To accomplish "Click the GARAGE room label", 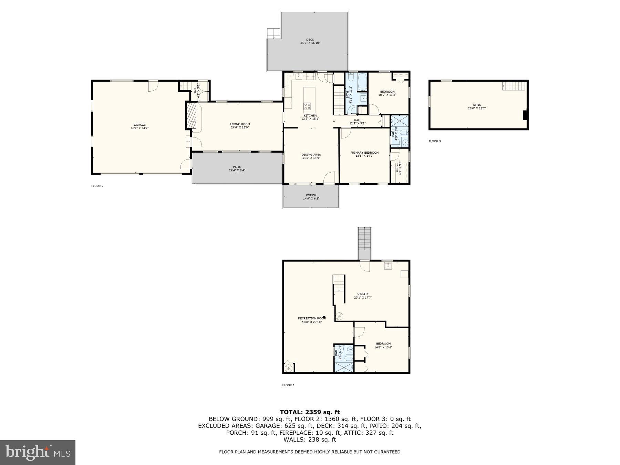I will coord(139,125).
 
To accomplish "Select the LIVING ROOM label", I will coord(240,124).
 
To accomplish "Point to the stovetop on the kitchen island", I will coord(307,106).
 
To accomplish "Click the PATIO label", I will coord(237,167).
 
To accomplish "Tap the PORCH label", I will coord(311,195).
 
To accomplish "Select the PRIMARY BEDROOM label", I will coord(364,153).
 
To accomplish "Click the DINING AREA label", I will coord(311,155).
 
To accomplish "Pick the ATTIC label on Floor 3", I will coord(477,105).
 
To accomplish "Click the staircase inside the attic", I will coord(514,85).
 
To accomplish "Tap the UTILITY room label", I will coord(363,294).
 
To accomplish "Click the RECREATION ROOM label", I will coord(311,318).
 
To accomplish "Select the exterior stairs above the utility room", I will coord(364,243).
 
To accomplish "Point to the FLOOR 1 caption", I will coord(288,385).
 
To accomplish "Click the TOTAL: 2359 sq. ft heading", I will coord(310,412).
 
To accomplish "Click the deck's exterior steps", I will coord(273,33).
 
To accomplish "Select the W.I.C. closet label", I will coord(396,168).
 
